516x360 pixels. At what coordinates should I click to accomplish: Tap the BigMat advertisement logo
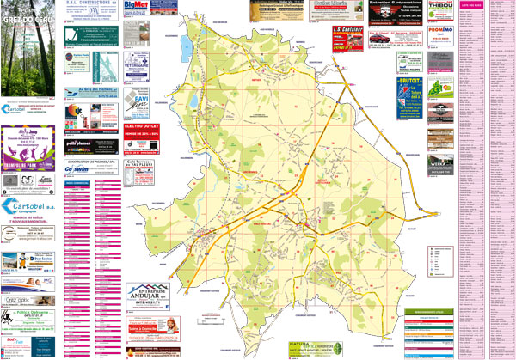coord(136,6)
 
